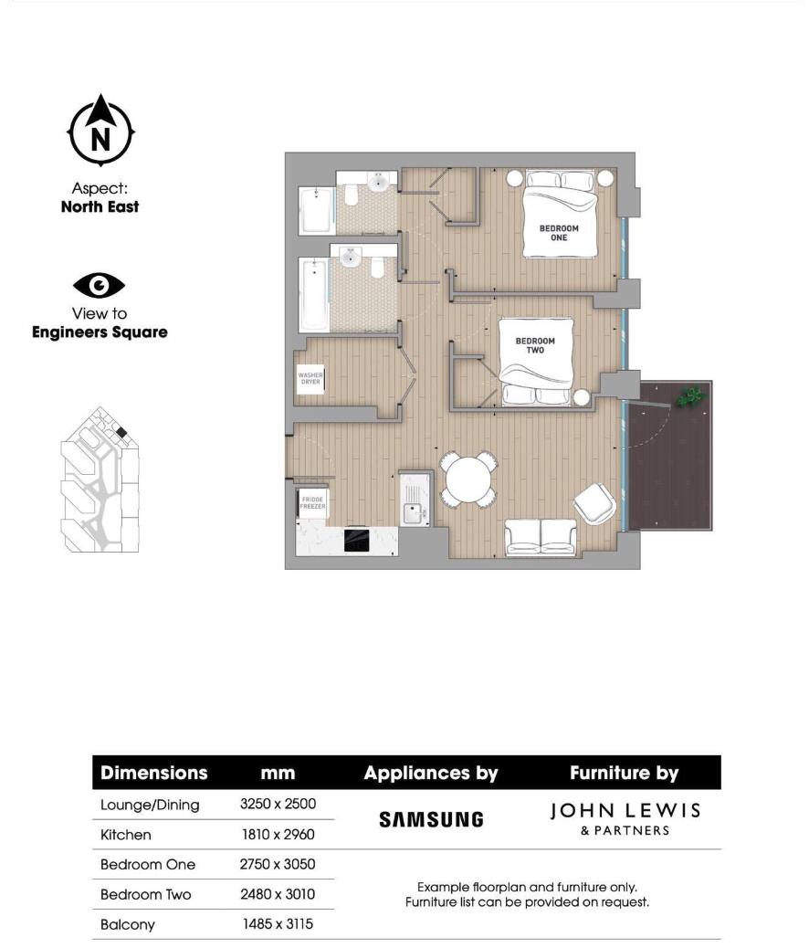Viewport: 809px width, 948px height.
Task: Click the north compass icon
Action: click(x=100, y=132)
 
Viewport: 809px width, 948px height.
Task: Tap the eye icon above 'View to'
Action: click(x=99, y=286)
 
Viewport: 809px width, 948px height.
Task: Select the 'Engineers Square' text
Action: click(x=100, y=332)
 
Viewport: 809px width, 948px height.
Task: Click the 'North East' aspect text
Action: click(x=100, y=207)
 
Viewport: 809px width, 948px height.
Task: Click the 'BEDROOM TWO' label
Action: click(x=535, y=345)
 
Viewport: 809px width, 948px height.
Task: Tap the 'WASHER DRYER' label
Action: click(x=310, y=377)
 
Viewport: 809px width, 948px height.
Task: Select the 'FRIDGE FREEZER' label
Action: click(x=312, y=501)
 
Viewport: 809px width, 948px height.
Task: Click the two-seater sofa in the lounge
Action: click(x=541, y=538)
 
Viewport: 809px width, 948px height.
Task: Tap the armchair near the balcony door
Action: click(x=595, y=502)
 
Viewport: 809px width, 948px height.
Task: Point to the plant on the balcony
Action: click(x=690, y=396)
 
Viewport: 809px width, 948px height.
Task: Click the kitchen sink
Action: click(x=415, y=514)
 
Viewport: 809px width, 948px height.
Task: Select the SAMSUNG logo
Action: click(x=431, y=819)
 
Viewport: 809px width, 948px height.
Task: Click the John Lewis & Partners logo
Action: click(x=625, y=818)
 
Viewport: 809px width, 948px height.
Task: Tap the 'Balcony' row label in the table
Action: click(x=128, y=924)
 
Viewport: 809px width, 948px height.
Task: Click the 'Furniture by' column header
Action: click(x=624, y=773)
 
